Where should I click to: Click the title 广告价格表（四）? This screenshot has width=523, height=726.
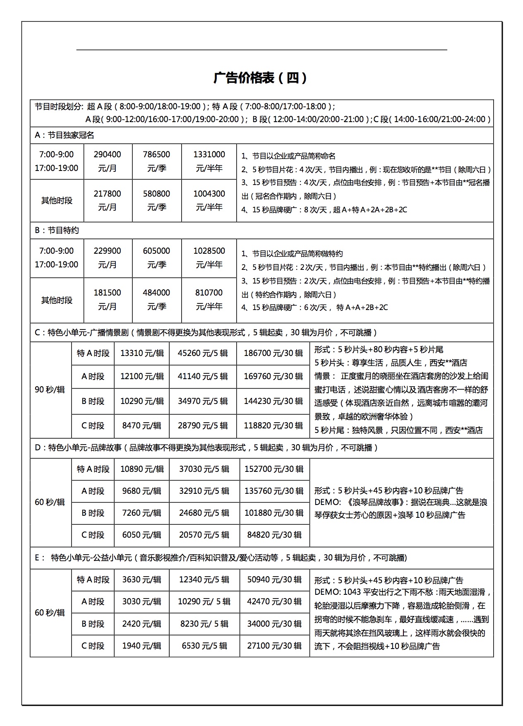point(261,78)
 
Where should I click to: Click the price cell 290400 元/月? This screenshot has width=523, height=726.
point(108,161)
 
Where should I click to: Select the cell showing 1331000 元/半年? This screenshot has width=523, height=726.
point(209,161)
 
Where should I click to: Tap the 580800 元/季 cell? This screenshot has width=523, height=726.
point(156,200)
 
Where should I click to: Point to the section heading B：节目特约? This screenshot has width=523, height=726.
point(57,231)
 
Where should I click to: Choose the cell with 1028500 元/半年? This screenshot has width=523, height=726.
point(209,257)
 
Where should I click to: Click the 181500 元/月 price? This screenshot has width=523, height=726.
point(108,299)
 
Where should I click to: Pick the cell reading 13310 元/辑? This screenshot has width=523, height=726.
point(142,353)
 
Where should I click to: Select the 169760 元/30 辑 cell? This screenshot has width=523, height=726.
point(273,377)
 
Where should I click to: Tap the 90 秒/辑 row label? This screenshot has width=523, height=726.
point(50,389)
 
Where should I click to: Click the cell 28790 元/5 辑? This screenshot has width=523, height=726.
point(203,426)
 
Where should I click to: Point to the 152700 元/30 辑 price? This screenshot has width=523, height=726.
point(274,469)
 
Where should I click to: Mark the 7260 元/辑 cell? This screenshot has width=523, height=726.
point(142,513)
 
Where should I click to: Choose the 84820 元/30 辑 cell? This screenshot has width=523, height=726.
point(274,535)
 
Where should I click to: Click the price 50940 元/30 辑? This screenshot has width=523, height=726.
point(274,579)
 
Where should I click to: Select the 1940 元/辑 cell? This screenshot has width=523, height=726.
point(142,646)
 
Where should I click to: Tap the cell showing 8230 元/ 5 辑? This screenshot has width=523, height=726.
point(204,624)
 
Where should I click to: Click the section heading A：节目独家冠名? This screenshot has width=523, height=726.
point(65,135)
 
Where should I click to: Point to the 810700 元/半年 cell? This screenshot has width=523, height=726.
point(209,299)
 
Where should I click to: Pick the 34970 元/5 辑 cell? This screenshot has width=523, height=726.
point(203,401)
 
